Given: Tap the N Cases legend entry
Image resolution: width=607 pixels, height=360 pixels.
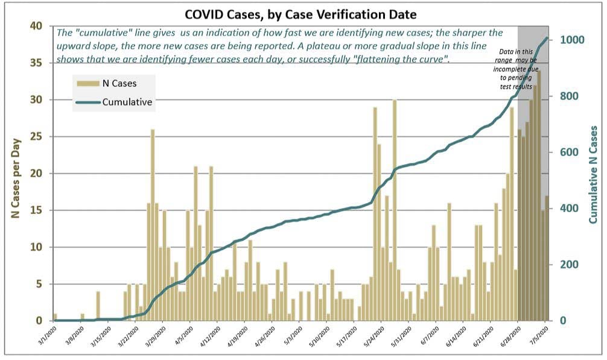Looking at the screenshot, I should (x=114, y=84).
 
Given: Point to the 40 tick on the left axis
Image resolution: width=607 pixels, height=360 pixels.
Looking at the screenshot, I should (x=37, y=26).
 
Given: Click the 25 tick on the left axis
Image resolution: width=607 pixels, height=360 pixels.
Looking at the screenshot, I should (x=37, y=136).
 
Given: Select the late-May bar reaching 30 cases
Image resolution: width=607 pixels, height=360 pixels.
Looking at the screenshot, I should (x=395, y=211).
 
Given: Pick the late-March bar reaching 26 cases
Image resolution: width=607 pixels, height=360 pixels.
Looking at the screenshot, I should (x=153, y=226).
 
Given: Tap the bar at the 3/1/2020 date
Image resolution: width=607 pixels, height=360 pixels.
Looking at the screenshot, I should (x=55, y=317).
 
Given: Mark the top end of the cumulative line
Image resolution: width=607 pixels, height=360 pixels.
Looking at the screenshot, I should (x=547, y=38).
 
